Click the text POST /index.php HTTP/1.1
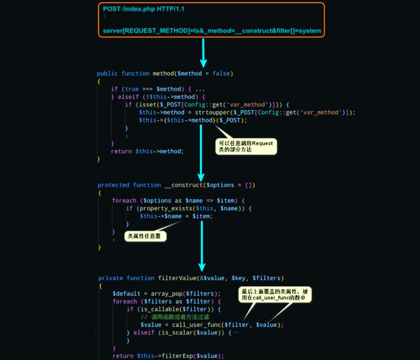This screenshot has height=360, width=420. pyautogui.click(x=144, y=9)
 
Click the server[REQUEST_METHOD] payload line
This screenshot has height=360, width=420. pyautogui.click(x=212, y=31)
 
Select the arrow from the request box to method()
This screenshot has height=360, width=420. pyautogui.click(x=203, y=53)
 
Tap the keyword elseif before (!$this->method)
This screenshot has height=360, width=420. pyautogui.click(x=128, y=97)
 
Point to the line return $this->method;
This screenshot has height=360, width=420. pyautogui.click(x=147, y=151)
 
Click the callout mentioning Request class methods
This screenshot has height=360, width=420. pyautogui.click(x=246, y=146)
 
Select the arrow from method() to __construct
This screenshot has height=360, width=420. pyautogui.click(x=201, y=153)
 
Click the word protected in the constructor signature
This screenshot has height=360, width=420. pyautogui.click(x=114, y=185)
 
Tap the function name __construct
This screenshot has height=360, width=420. pyautogui.click(x=183, y=185)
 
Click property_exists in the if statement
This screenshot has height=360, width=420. pyautogui.click(x=166, y=208)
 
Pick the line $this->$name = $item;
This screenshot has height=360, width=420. pyautogui.click(x=176, y=216)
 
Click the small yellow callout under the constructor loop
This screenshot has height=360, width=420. pyautogui.click(x=145, y=236)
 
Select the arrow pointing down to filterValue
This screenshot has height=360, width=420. pyautogui.click(x=202, y=246)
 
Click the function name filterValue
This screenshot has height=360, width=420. pyautogui.click(x=177, y=278)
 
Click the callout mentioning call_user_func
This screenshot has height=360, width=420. pyautogui.click(x=275, y=295)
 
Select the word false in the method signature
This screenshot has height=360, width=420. pyautogui.click(x=221, y=73)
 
